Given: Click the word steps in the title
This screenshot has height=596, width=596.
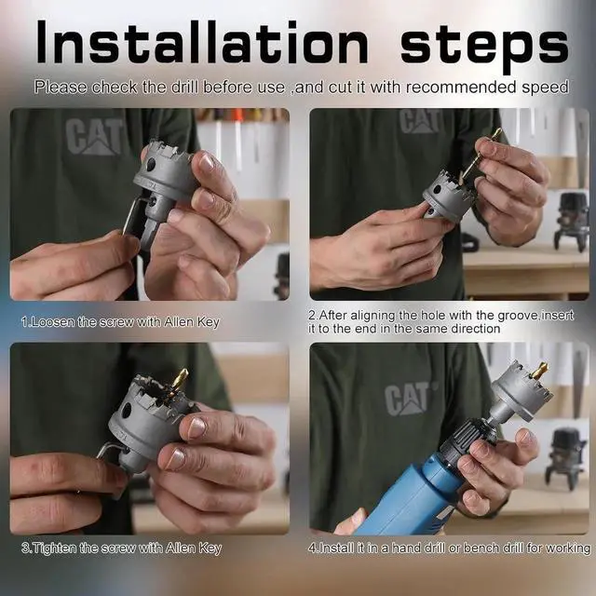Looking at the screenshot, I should coord(484,44).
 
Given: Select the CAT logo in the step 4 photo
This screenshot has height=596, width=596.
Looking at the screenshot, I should coord(409,399).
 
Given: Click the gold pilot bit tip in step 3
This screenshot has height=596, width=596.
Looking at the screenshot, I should coord(178,377).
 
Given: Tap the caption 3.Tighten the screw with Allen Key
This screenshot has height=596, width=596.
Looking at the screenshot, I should coord(121,549).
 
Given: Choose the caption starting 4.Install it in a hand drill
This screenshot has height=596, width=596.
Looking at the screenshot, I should coord(450,548).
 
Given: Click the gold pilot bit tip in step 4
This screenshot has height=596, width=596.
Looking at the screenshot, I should coord(538,371).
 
